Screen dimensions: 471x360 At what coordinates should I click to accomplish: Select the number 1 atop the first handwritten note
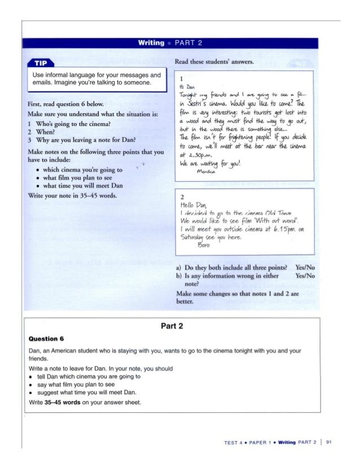click(181, 80)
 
